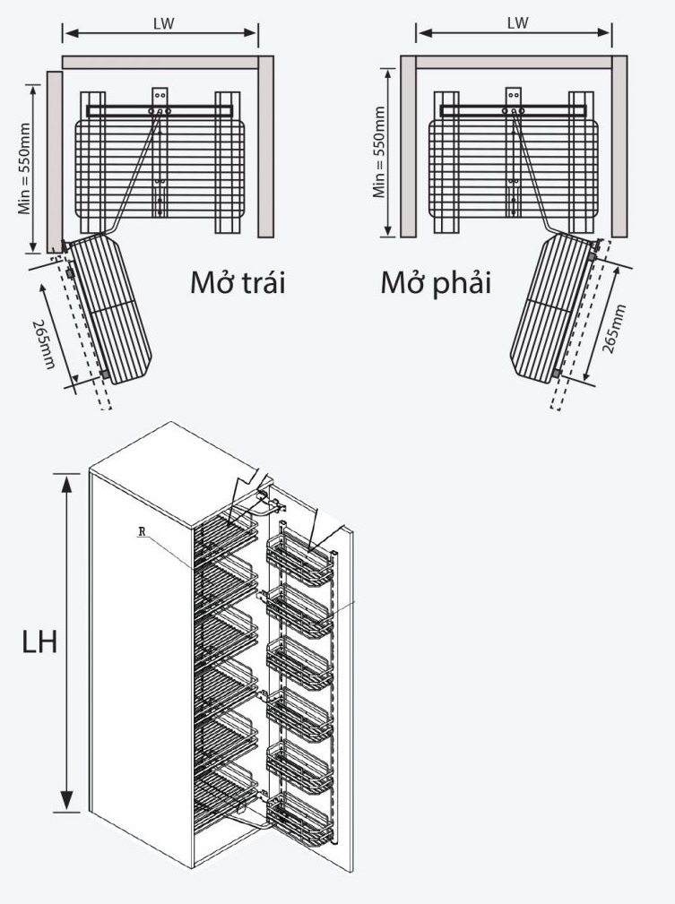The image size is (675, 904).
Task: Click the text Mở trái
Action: [238, 283]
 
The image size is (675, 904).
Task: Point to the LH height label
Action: [39, 643]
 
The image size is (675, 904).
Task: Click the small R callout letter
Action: [142, 531]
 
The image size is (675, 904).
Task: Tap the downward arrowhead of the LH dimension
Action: [67, 803]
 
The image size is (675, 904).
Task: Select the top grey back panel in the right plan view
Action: [514, 63]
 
